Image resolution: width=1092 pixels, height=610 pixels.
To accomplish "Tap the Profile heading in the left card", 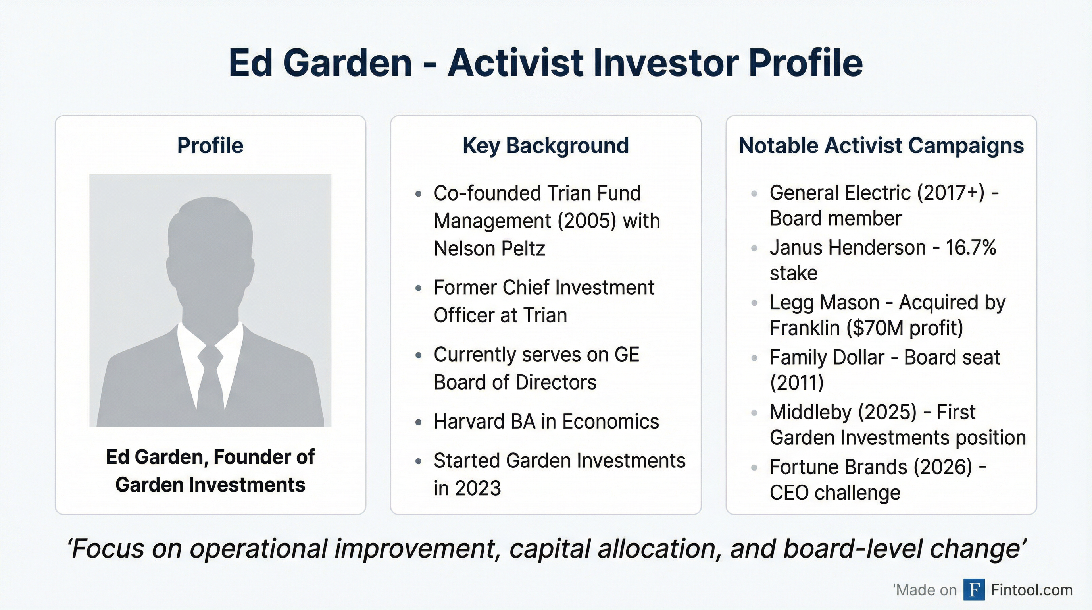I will click(210, 145).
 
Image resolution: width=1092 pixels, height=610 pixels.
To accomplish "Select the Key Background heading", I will click(546, 145).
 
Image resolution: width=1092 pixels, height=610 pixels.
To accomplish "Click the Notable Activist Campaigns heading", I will click(881, 145).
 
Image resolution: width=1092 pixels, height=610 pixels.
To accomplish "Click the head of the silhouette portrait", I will click(210, 237).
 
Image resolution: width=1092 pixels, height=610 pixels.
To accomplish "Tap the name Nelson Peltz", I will click(489, 249).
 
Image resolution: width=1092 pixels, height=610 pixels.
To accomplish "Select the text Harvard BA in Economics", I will click(546, 422).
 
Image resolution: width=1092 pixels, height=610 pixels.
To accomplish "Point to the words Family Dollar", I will click(827, 357).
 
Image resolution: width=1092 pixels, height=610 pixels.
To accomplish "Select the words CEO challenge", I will click(835, 493).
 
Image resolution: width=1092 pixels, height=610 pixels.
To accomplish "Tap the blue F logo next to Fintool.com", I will click(974, 590).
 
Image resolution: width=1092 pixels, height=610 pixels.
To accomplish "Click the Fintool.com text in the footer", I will click(1031, 590).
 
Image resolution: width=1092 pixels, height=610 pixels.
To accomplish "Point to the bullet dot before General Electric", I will click(754, 194).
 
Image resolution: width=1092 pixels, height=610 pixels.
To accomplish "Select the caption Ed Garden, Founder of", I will click(210, 457).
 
